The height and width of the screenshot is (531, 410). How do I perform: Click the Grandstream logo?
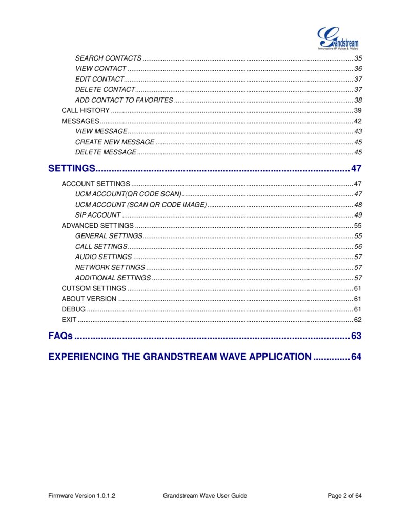tap(338, 38)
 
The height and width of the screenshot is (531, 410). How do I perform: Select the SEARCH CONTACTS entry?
tap(108, 58)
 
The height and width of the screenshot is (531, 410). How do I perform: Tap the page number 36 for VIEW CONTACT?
tap(358, 69)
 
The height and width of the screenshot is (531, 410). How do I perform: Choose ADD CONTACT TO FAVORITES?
tap(124, 100)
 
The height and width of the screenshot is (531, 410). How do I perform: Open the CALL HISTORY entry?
tap(86, 110)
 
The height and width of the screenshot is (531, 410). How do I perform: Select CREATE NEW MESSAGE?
tap(115, 142)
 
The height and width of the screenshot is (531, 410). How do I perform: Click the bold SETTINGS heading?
tap(72, 168)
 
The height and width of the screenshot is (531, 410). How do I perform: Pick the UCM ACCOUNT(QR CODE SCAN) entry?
tap(128, 194)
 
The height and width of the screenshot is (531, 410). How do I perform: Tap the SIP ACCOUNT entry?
tap(98, 215)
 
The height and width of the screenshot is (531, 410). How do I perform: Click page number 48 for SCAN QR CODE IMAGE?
tap(358, 205)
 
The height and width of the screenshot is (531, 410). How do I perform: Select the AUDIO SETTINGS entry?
tap(104, 257)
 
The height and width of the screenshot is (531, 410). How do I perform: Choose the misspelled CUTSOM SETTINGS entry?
tap(94, 288)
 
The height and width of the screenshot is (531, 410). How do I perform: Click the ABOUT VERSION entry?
tap(89, 299)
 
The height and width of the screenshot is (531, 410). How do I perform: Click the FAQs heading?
tap(60, 336)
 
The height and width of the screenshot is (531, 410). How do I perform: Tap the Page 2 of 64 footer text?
tap(344, 496)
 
